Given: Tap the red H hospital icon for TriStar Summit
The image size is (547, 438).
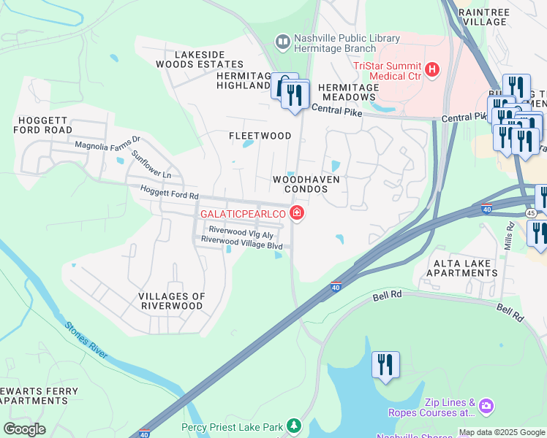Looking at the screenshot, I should pyautogui.click(x=432, y=70).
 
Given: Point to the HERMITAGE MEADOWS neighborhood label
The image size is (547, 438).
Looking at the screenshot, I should pyautogui.click(x=349, y=92).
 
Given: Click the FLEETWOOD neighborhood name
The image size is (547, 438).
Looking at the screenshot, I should pyautogui.click(x=260, y=136).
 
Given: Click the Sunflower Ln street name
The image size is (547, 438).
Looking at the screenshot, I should pyautogui.click(x=151, y=165).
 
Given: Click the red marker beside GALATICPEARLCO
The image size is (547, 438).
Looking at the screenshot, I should pyautogui.click(x=297, y=213).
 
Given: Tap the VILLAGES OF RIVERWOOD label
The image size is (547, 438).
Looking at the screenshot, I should pyautogui.click(x=171, y=301).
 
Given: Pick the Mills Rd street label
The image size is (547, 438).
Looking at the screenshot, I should pyautogui.click(x=510, y=237).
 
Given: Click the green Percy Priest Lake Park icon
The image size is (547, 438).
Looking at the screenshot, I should pyautogui.click(x=293, y=425).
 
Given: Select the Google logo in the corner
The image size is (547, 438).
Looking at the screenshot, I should pyautogui.click(x=24, y=429).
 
